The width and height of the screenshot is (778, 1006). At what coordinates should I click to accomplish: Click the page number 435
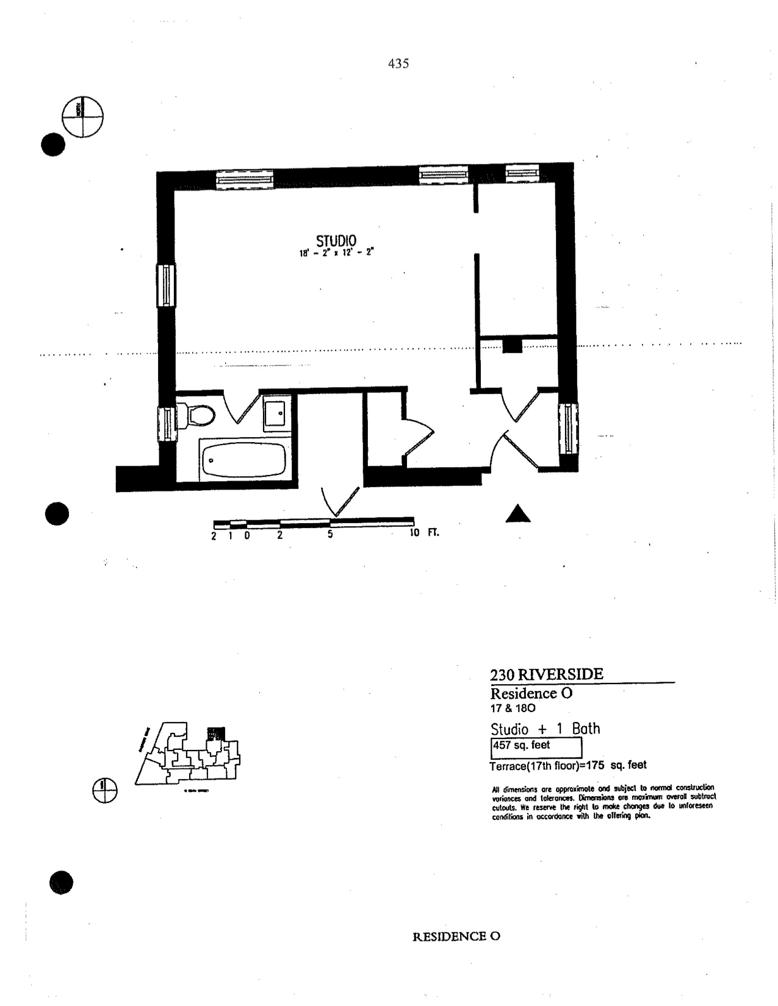click(398, 63)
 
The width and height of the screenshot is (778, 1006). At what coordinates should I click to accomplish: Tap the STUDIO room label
click(336, 240)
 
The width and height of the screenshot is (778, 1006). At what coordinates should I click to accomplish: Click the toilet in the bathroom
click(200, 416)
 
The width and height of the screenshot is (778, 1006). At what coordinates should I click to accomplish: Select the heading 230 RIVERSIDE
click(547, 674)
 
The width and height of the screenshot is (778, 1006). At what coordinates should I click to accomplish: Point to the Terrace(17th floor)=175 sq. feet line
click(568, 765)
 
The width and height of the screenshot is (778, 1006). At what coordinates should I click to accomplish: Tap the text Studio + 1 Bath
click(546, 729)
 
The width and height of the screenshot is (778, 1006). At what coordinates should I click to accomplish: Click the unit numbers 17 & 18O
click(513, 708)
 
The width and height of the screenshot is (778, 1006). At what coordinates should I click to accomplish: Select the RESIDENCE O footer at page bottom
click(456, 936)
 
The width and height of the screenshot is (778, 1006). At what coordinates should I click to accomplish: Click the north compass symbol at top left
click(83, 116)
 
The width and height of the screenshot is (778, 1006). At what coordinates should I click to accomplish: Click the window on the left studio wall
click(166, 287)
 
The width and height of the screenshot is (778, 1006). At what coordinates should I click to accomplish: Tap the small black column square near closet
click(513, 346)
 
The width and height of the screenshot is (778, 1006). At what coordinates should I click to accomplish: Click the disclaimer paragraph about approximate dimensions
click(603, 802)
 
